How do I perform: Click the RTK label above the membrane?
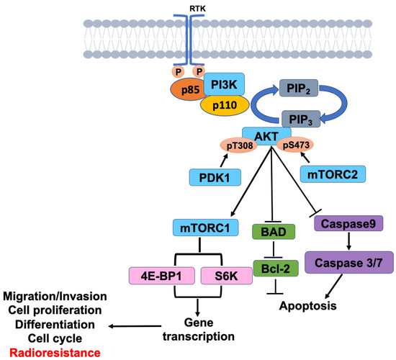196,8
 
